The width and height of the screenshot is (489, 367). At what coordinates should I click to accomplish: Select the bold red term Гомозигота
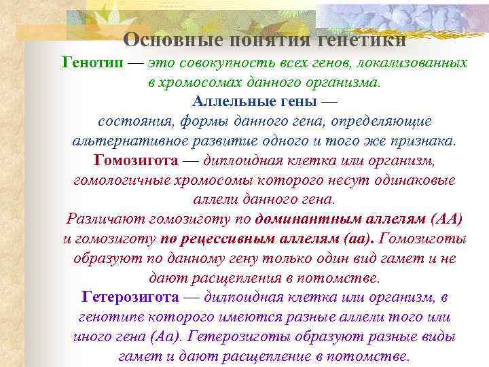click(x=137, y=161)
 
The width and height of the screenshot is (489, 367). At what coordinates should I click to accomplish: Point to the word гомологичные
click(x=122, y=181)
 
